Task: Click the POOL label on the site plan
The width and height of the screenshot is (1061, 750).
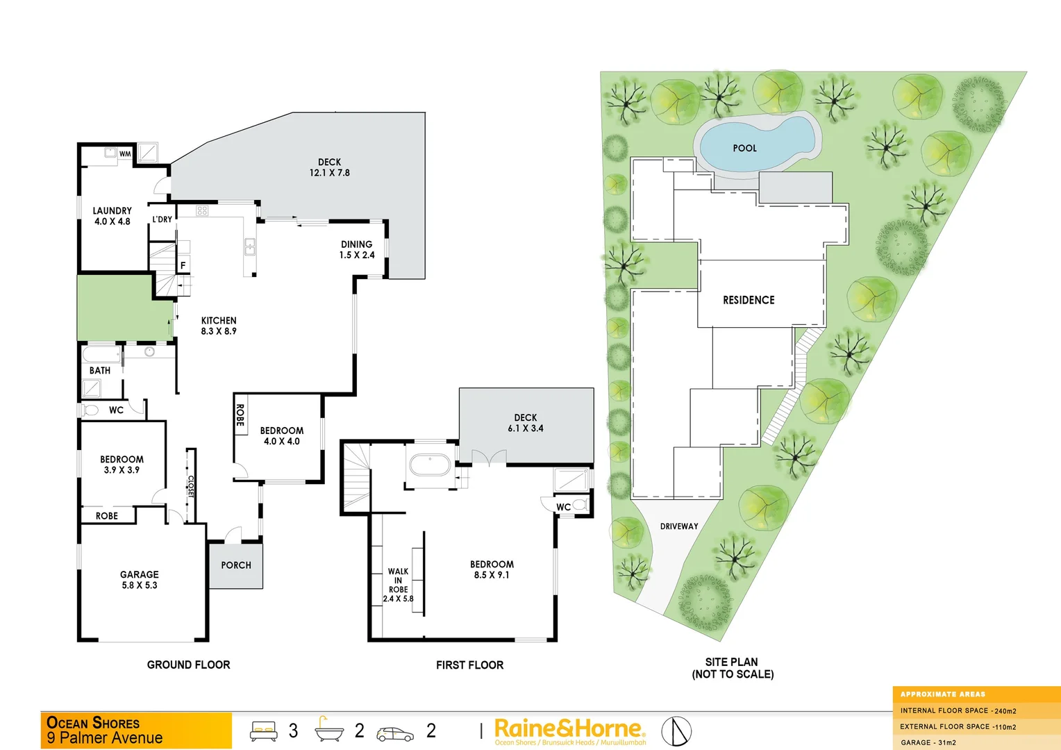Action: (x=744, y=148)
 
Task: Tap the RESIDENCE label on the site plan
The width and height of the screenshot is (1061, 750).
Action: (x=749, y=300)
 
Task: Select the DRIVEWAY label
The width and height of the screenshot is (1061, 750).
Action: (x=679, y=526)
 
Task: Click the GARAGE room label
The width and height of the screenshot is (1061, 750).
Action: (x=140, y=574)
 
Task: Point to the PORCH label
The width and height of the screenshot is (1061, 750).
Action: (x=236, y=565)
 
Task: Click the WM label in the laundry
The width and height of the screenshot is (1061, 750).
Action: (x=125, y=153)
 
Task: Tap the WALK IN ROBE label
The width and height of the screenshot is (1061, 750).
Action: (x=398, y=581)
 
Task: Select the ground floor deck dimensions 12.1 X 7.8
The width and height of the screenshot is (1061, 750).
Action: (x=330, y=173)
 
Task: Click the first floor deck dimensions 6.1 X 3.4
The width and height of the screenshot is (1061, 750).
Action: (x=526, y=428)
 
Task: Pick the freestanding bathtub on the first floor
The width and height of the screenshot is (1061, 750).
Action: (x=430, y=465)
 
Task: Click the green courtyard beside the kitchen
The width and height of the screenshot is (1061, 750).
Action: (x=124, y=308)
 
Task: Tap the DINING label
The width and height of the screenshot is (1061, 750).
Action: (x=357, y=244)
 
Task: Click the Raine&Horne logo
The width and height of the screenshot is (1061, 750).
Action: (x=569, y=729)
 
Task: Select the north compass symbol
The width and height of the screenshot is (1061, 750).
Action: (x=676, y=731)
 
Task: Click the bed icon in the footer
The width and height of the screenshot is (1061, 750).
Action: (x=263, y=731)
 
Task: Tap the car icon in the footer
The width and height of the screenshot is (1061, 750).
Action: (x=394, y=733)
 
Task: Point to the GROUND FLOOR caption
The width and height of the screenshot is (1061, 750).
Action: (x=188, y=665)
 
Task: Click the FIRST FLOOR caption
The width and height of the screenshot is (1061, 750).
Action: (x=470, y=665)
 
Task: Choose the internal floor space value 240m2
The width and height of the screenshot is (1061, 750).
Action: (x=1005, y=711)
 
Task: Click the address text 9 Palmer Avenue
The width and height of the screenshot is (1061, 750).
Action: (x=105, y=738)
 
